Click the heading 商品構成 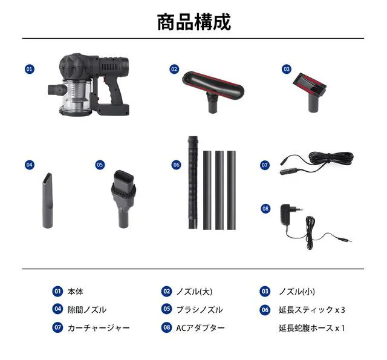(x=194, y=22)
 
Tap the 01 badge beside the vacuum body (x=30, y=69)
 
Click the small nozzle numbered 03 (x=311, y=91)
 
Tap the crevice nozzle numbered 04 (x=48, y=200)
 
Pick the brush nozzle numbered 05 (x=123, y=198)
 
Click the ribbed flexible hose (x=193, y=182)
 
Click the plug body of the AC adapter (x=288, y=214)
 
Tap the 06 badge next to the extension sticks (x=176, y=165)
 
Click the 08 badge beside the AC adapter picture (x=265, y=209)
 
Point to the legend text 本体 (x=75, y=292)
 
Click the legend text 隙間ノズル (x=87, y=310)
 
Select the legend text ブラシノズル (x=200, y=310)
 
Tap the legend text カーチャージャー (x=99, y=328)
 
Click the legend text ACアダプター (x=200, y=328)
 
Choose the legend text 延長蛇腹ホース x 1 (x=312, y=328)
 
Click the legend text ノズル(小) (x=297, y=292)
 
